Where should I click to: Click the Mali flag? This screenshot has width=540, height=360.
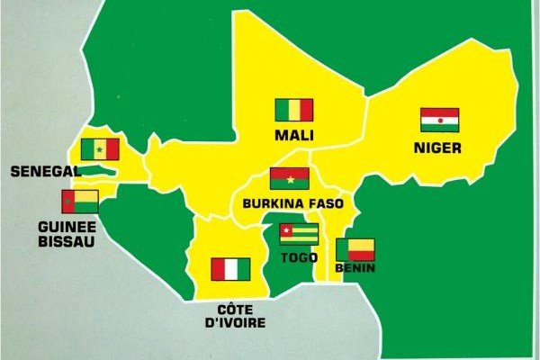point(293,111)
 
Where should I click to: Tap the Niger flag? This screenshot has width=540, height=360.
point(439,120)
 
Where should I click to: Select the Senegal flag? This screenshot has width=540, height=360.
point(99,149)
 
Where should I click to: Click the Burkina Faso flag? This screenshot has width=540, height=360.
point(289,178)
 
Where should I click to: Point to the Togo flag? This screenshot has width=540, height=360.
point(298,235)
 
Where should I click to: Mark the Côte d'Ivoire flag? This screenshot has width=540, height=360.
point(230,269)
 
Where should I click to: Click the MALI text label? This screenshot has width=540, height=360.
point(293,137)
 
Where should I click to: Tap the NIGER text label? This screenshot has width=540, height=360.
point(439,146)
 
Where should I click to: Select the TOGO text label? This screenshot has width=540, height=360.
point(298,257)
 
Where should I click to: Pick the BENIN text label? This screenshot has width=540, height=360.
point(354,268)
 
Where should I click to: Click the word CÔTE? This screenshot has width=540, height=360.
point(230,308)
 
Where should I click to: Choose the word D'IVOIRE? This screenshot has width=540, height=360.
point(230,323)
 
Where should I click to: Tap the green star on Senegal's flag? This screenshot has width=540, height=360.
point(99,149)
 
